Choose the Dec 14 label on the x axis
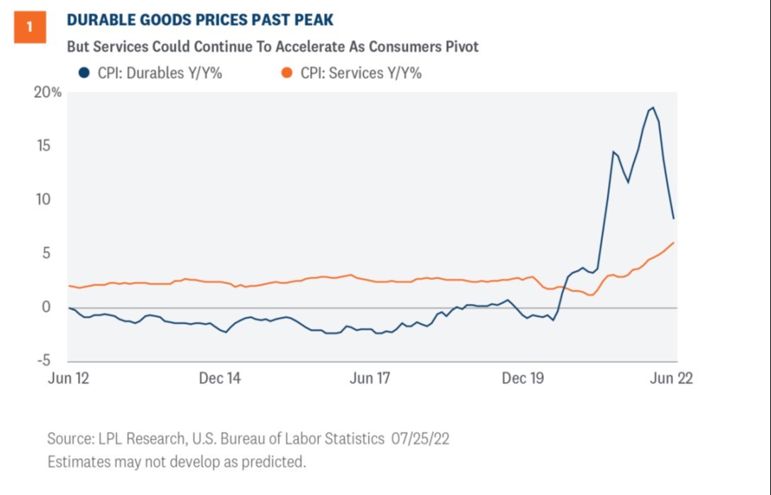[x=219, y=379]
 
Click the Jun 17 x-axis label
[x=370, y=379]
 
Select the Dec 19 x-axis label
[x=523, y=379]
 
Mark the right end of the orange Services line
[x=674, y=243]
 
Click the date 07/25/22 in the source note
[x=419, y=439]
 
